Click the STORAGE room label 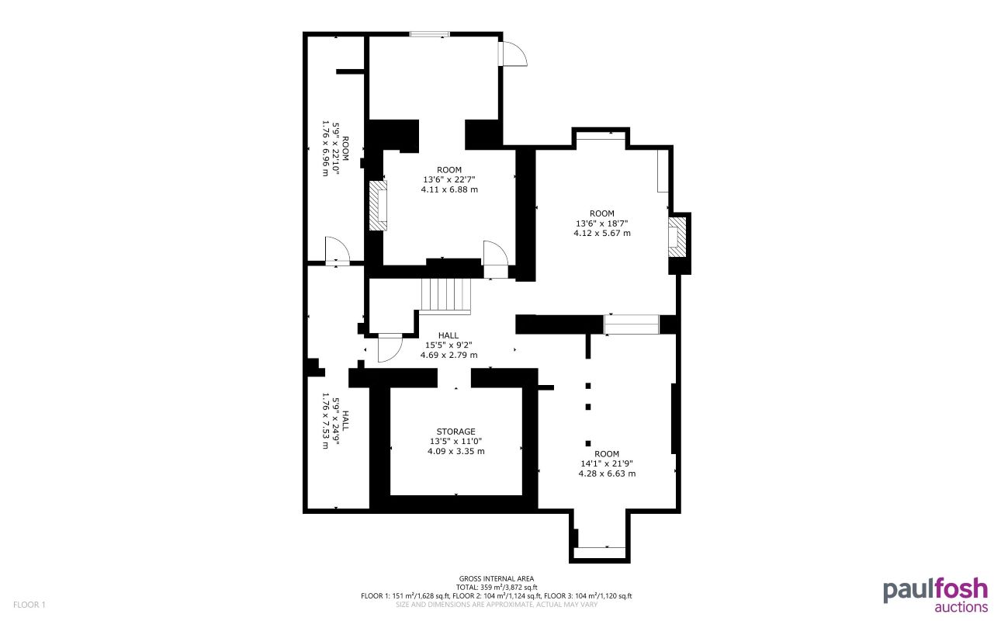455,432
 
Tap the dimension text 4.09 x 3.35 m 455,451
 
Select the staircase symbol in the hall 446,296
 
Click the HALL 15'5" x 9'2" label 448,345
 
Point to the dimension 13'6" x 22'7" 449,180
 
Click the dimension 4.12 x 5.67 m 601,233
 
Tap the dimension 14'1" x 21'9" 607,463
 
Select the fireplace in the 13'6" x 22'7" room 378,206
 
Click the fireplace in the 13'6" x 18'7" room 677,237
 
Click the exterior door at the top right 513,54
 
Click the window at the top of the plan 429,33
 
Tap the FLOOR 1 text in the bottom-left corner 30,604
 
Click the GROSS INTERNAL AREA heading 496,578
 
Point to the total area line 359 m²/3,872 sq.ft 496,587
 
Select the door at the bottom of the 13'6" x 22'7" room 495,257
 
